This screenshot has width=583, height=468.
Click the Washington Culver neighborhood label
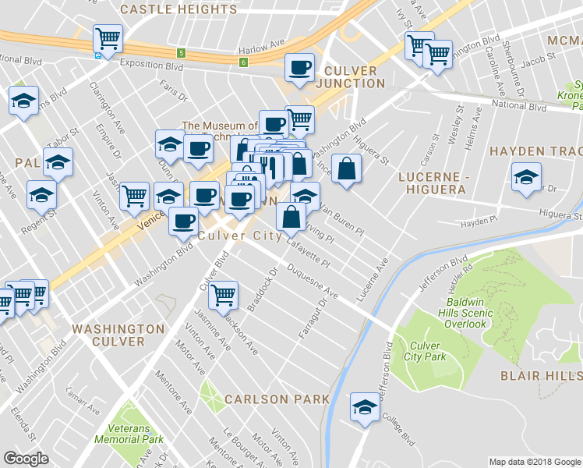coord(119,335)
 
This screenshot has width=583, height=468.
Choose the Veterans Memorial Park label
coord(129,433)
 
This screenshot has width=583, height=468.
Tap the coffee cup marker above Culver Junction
coord(299,67)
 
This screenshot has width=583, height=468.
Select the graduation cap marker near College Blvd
coord(364,406)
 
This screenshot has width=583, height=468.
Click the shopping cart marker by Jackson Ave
coord(224,294)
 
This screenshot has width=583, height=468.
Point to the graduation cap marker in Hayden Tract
coord(526,175)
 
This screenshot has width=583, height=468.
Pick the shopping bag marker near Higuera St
coord(347,168)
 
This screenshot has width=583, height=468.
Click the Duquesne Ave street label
coord(312,282)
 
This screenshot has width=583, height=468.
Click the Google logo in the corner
coord(25,459)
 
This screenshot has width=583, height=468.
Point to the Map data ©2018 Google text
coord(534,462)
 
